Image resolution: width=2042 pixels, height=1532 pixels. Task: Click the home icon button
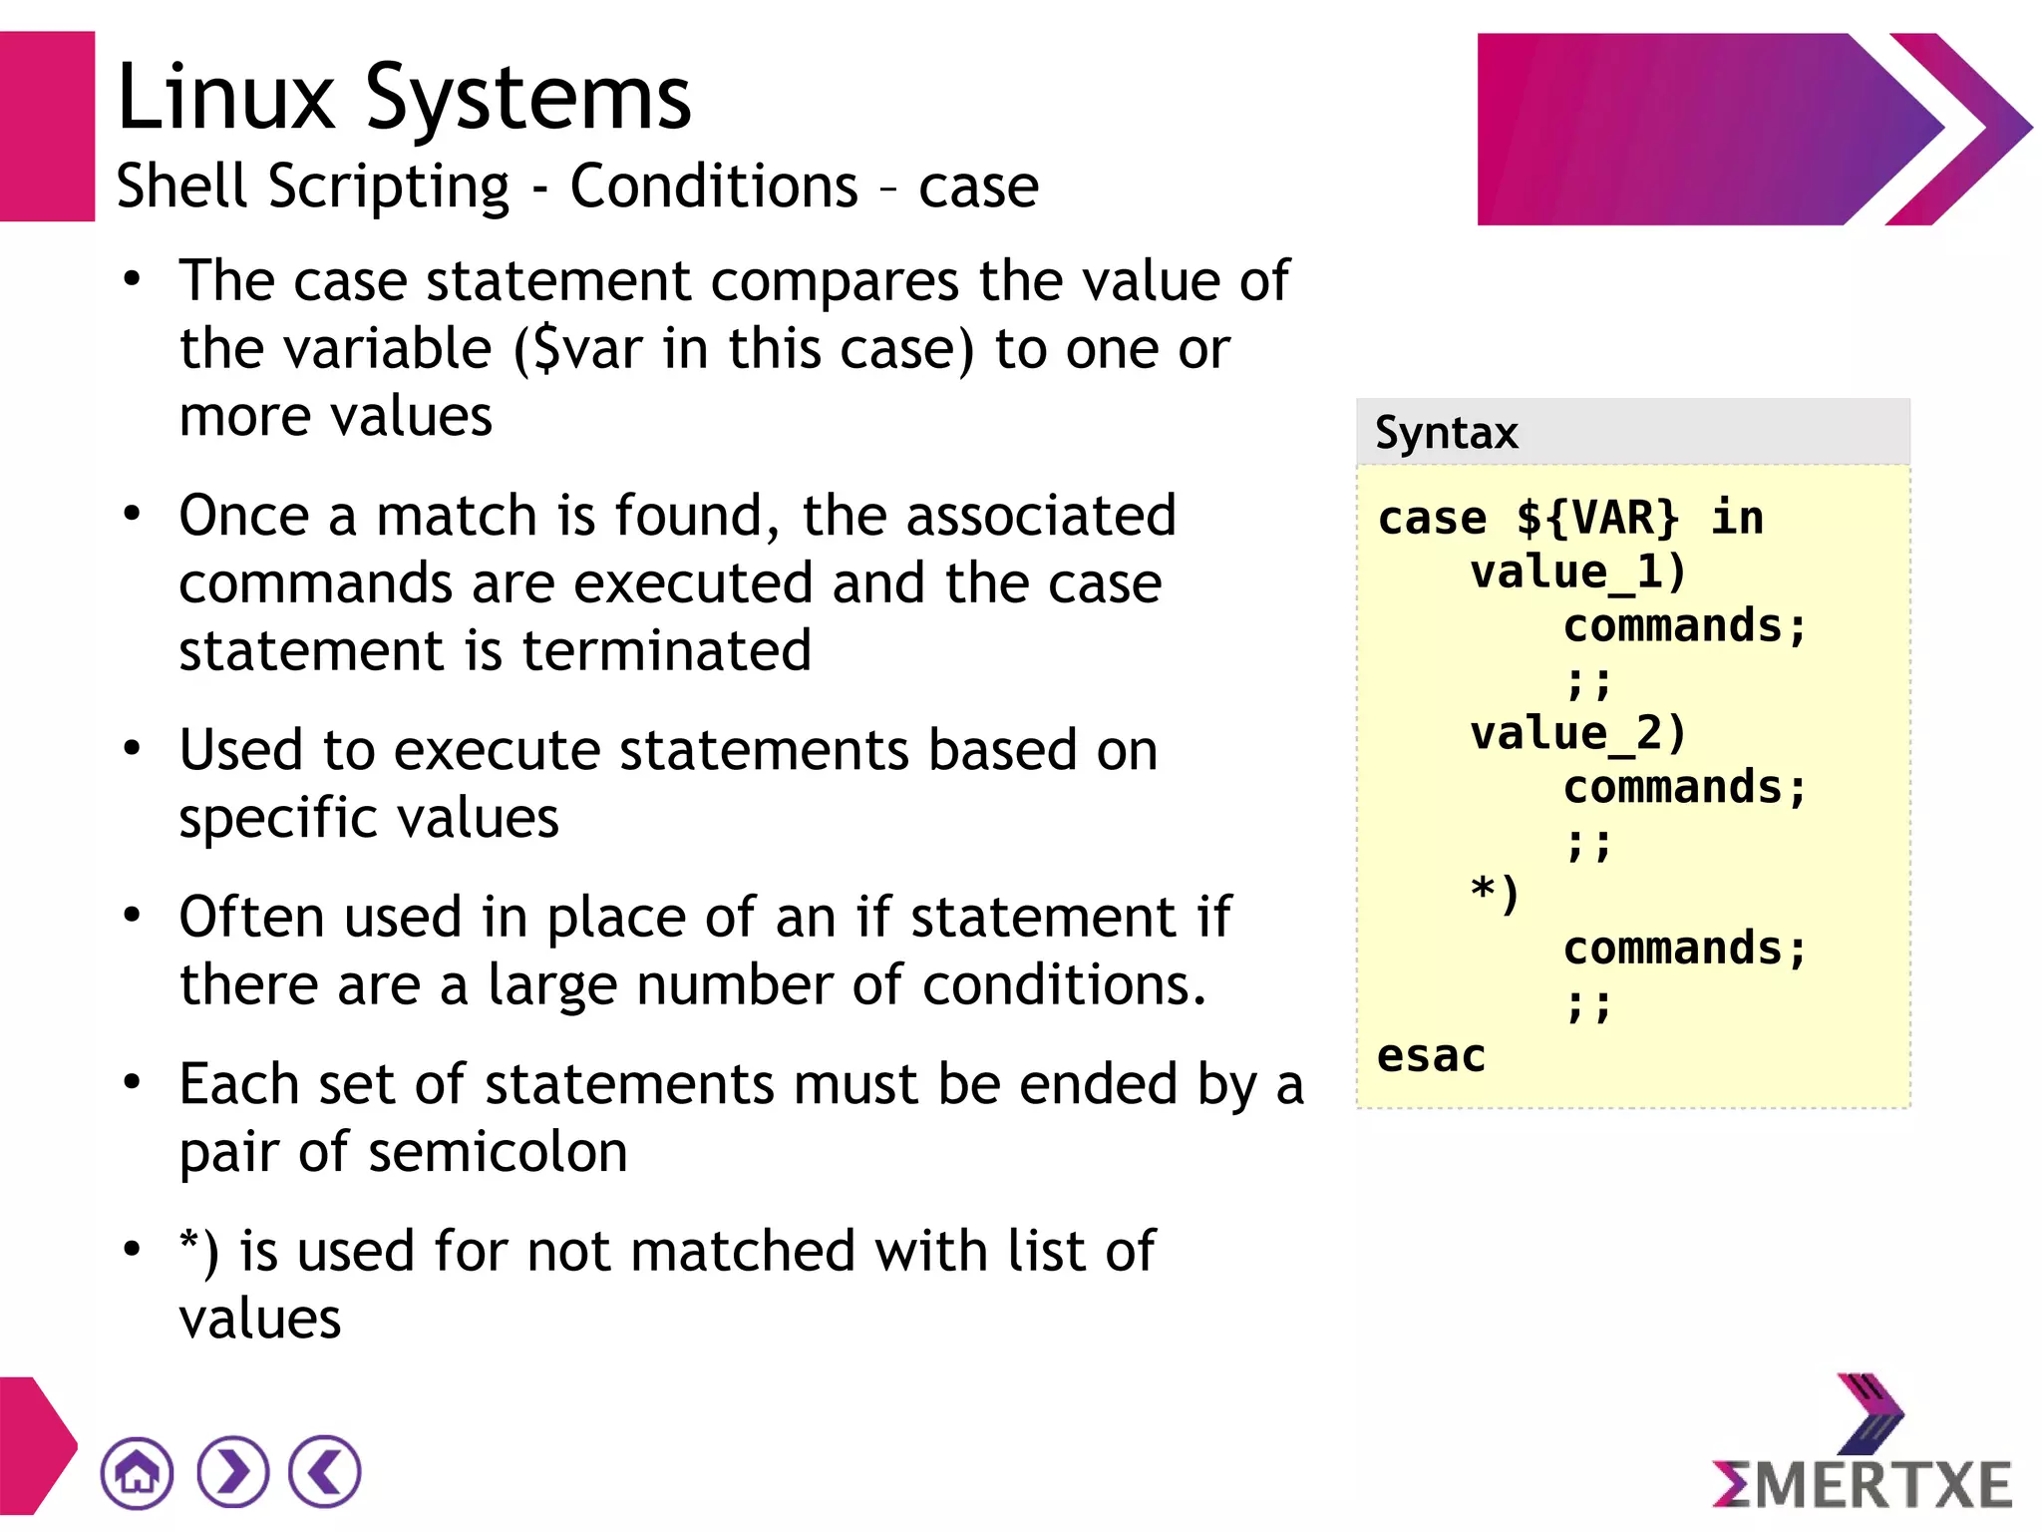137,1472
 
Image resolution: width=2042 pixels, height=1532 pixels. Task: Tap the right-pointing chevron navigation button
233,1472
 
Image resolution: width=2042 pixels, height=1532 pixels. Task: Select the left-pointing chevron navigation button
325,1472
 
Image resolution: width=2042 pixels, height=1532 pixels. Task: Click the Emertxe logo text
1863,1484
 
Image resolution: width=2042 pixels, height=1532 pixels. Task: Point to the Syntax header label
1446,433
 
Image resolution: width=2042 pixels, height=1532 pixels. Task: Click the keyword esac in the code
1431,1056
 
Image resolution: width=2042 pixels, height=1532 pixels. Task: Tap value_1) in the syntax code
1577,573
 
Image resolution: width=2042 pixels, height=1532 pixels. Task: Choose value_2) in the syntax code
1577,734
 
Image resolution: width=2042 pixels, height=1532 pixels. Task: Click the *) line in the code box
1495,894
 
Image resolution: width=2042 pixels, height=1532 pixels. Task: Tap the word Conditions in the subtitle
714,187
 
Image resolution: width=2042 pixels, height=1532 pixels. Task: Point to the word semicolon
498,1153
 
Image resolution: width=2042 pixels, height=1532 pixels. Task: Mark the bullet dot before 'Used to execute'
132,749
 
